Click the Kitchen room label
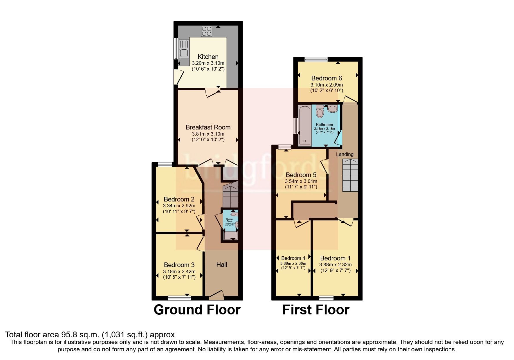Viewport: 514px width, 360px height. click(208, 57)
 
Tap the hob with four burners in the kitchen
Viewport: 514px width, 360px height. click(207, 31)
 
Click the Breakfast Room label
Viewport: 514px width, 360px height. click(208, 127)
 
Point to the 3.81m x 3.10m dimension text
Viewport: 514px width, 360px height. click(208, 134)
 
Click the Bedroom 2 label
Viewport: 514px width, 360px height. click(179, 199)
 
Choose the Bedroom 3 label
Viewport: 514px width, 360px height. click(179, 265)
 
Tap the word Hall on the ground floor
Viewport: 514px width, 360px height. click(221, 264)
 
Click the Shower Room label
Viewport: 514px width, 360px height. click(230, 220)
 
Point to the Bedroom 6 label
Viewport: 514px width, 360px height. click(327, 78)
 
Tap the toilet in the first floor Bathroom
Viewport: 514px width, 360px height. click(320, 111)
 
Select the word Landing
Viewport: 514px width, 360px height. click(345, 154)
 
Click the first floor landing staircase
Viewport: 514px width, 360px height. click(350, 175)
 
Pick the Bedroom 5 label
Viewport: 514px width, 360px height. click(301, 175)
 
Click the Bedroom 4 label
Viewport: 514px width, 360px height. click(293, 258)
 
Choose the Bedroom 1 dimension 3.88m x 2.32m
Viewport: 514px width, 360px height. click(335, 265)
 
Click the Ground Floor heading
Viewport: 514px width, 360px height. click(197, 310)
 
